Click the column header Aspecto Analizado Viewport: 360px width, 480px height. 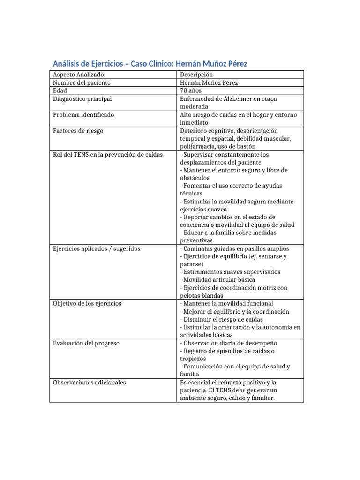click(x=79, y=75)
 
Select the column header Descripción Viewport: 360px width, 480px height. click(x=196, y=75)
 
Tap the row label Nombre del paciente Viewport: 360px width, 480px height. click(x=82, y=83)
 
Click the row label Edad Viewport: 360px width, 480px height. click(x=60, y=91)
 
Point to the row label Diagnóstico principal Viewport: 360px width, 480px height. click(x=82, y=99)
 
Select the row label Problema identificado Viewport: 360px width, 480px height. click(x=83, y=115)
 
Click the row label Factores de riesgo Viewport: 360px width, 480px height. click(x=78, y=131)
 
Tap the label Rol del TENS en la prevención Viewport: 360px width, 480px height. click(x=108, y=154)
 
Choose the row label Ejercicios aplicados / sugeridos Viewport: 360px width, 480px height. click(x=97, y=248)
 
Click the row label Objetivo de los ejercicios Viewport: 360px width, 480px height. click(x=87, y=304)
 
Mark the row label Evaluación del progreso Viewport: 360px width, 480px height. click(x=86, y=343)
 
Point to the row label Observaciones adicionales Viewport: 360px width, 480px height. click(x=90, y=382)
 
